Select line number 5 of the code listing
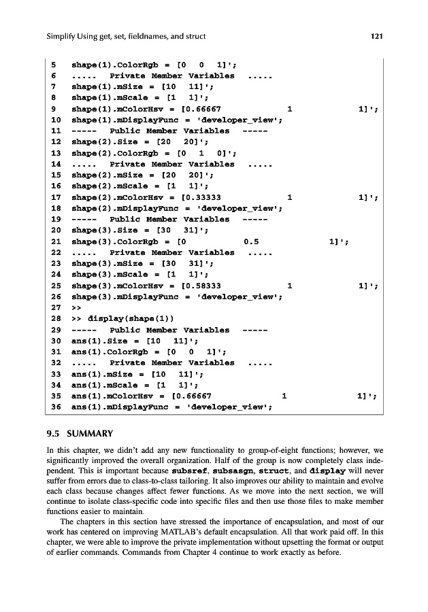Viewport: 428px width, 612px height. (x=54, y=65)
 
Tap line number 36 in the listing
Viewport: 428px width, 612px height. (x=56, y=407)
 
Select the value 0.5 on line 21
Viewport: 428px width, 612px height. (x=251, y=241)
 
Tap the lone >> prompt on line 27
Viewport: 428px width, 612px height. (x=76, y=307)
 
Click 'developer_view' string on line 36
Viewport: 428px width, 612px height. (x=231, y=407)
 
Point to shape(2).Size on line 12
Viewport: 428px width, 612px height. (x=103, y=142)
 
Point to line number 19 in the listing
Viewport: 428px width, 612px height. (x=56, y=220)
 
